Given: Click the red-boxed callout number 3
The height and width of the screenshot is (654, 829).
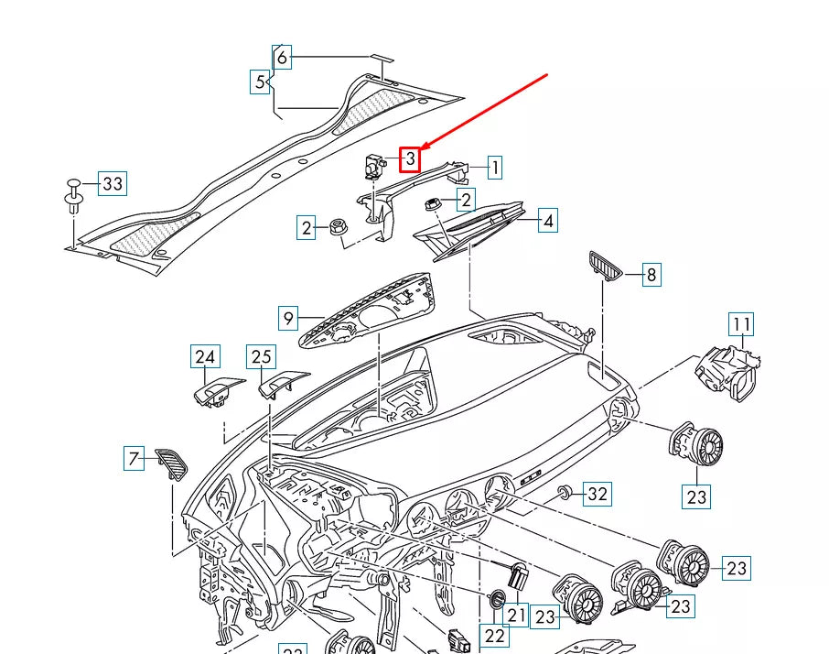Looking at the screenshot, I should coord(411,159).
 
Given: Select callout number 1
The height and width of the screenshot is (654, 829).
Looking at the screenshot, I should coord(493,168).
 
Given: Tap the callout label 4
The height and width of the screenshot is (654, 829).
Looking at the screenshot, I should coord(547,221).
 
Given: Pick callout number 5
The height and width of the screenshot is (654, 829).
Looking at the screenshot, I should coord(261,82).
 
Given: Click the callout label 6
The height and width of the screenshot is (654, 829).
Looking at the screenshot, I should coord(282,58).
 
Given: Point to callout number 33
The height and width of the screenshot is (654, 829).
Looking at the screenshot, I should coord(112,184).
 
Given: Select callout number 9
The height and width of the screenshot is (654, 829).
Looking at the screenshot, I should coord(289,319).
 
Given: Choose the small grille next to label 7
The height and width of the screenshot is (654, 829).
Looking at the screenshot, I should coord(172,462).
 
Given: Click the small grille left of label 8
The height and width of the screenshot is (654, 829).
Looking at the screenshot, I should coord(605,266).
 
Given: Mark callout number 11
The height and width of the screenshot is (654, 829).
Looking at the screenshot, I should coord(740,324).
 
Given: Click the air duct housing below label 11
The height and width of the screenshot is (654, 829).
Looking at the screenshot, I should coord(729,372).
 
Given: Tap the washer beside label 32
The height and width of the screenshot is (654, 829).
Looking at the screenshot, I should coord(565,494).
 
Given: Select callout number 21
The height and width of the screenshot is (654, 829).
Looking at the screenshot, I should coord(517,615).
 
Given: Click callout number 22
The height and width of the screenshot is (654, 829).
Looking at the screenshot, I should coord(495,635).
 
